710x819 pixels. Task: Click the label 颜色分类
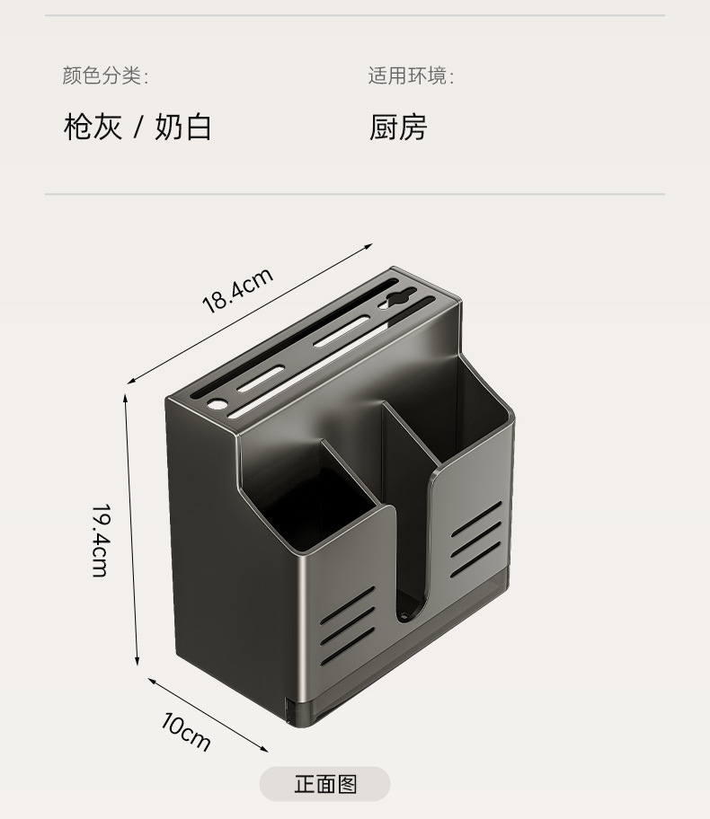point(103,75)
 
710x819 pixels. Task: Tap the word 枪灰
point(92,127)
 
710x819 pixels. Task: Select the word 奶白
point(182,127)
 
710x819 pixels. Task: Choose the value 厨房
point(397,127)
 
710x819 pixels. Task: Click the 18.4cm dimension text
point(236,290)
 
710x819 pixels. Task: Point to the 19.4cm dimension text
point(100,539)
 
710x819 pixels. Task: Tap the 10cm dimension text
point(187,731)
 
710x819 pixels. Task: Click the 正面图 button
point(325,784)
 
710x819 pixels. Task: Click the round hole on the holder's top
point(216,404)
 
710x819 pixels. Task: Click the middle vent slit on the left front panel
point(348,619)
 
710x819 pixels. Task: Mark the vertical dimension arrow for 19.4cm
point(131,530)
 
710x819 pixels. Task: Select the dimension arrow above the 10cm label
point(209,715)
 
